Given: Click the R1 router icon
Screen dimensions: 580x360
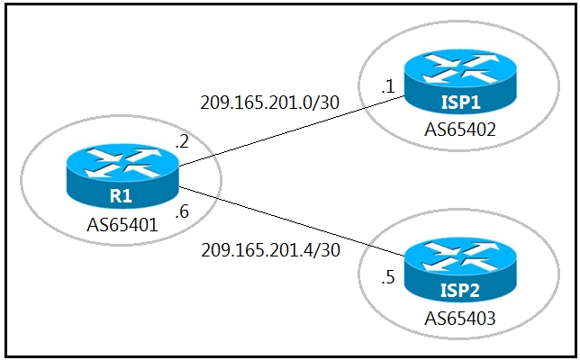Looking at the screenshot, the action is point(122,175).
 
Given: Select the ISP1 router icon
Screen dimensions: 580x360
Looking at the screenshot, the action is point(460,82).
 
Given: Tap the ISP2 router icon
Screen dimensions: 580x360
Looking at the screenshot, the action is point(460,270).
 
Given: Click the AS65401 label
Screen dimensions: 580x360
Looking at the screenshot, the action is point(122,224).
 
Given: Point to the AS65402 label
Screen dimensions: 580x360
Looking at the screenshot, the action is point(460,130).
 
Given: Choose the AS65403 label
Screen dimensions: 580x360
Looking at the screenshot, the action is point(460,319).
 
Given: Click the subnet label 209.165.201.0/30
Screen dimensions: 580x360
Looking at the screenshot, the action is point(269,103).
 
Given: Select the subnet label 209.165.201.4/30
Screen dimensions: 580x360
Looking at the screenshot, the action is point(270,250).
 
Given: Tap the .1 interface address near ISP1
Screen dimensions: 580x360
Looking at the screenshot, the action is point(388,87).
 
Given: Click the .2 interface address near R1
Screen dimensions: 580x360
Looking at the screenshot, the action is point(182,141).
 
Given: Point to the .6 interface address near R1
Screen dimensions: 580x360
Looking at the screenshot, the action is point(182,211).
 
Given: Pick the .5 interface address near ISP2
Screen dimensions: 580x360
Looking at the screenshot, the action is point(388,277).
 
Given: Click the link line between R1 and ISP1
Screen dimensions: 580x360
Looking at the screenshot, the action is point(292,131).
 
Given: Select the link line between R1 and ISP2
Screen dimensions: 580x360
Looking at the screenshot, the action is point(292,221).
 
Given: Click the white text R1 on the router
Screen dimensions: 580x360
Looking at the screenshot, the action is point(121,196).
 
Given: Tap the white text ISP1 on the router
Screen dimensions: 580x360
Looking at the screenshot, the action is point(461,102).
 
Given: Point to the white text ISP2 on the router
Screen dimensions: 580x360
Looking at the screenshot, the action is point(460,290).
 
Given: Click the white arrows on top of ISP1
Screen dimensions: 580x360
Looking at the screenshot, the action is point(460,68).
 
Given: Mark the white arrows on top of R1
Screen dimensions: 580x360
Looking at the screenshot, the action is point(122,163).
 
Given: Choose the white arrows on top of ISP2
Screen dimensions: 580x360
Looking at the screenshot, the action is point(460,256).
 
